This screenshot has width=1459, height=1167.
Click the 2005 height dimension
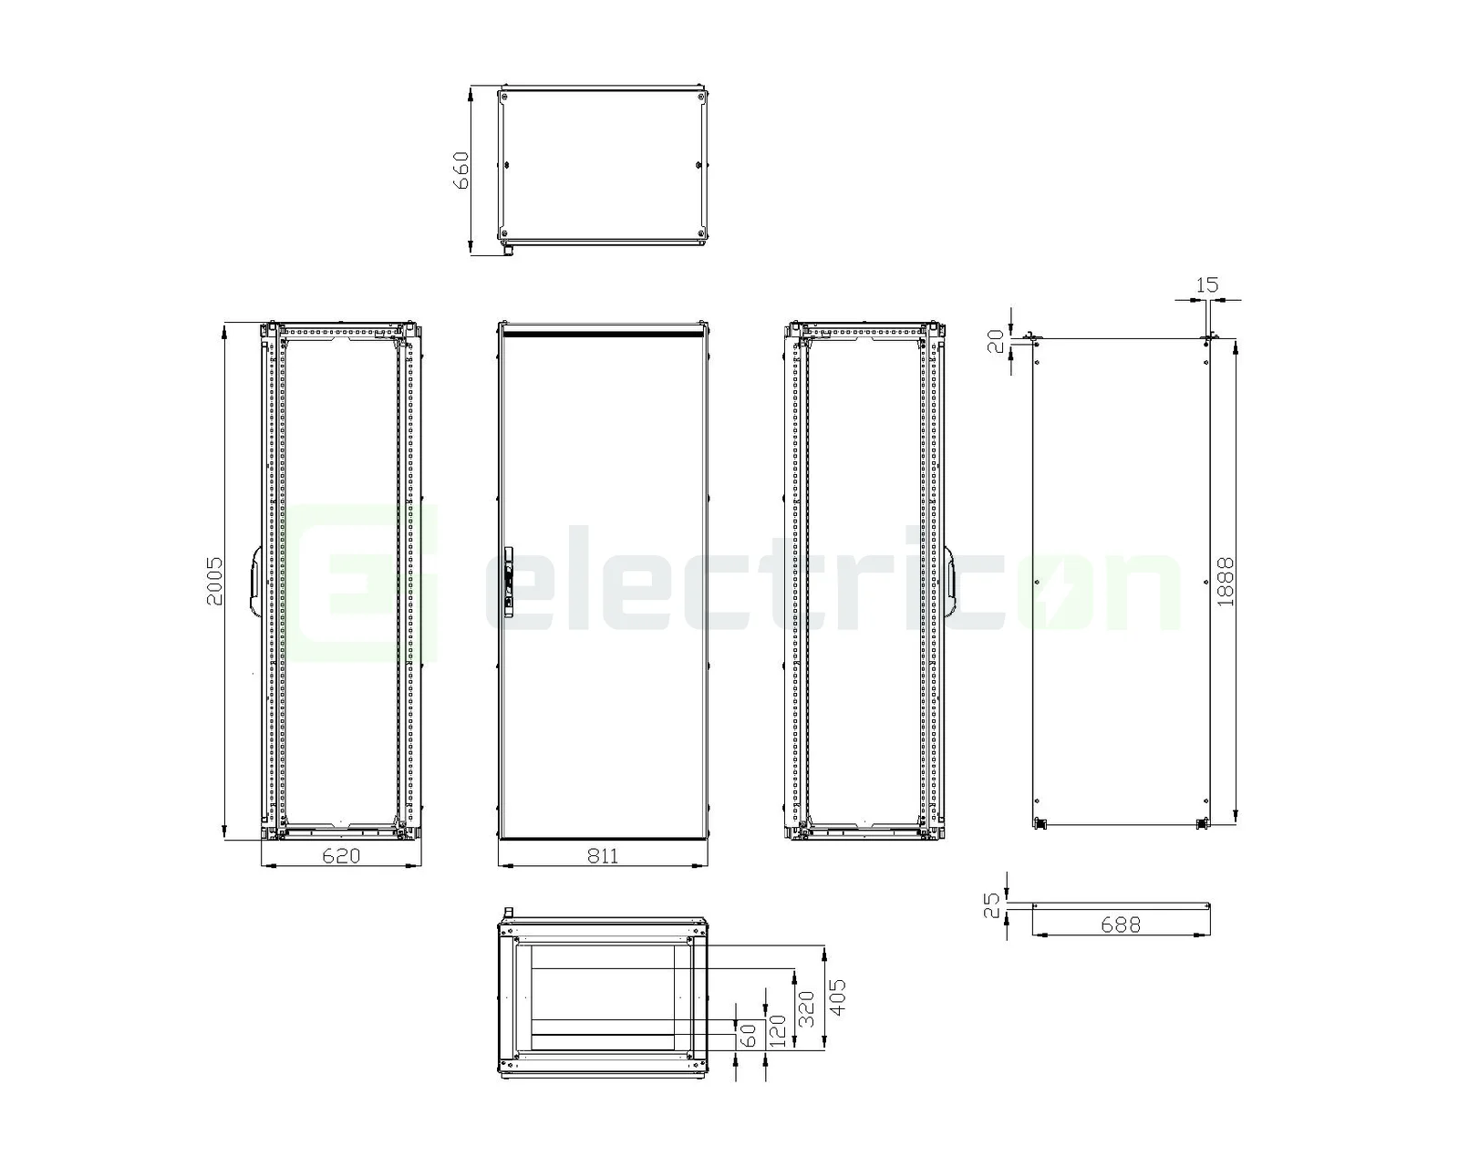212,582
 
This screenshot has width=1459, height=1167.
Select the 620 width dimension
341,855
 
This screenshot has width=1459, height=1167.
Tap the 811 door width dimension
602,855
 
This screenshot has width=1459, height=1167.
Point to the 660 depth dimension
461,170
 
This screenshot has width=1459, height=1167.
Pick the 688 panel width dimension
1120,924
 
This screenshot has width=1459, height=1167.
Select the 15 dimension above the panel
1206,285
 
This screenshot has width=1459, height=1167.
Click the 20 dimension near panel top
996,340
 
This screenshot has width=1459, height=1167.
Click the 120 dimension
777,1030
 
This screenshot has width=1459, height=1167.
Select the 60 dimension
747,1036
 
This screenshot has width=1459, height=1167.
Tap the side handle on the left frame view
254,581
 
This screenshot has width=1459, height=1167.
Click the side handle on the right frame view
948,581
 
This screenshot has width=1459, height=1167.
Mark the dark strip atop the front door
602,335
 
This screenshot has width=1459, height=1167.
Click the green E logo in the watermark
365,583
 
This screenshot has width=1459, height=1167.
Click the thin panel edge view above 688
1120,905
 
